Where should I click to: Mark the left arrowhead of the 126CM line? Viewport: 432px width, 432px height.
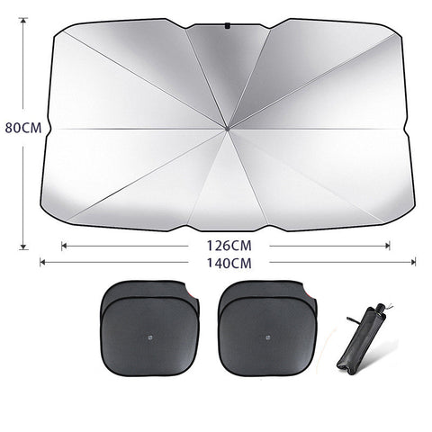coord(63,244)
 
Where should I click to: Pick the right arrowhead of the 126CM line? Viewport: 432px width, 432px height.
coord(389,244)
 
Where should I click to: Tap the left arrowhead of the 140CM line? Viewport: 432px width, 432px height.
coord(41,263)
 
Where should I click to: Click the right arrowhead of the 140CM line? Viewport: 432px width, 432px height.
coord(414,263)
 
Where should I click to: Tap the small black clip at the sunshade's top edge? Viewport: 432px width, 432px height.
coord(227,26)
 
